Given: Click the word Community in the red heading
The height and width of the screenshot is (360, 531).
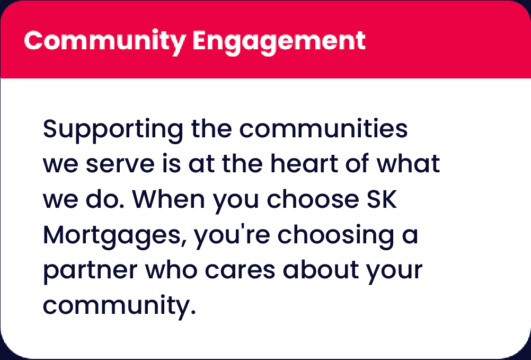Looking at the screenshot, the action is tap(105, 41).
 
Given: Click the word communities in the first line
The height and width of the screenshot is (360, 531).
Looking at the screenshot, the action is tap(323, 128).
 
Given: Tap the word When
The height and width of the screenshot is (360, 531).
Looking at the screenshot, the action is tap(169, 199).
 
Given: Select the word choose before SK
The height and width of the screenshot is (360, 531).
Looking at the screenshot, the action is tap(313, 199).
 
